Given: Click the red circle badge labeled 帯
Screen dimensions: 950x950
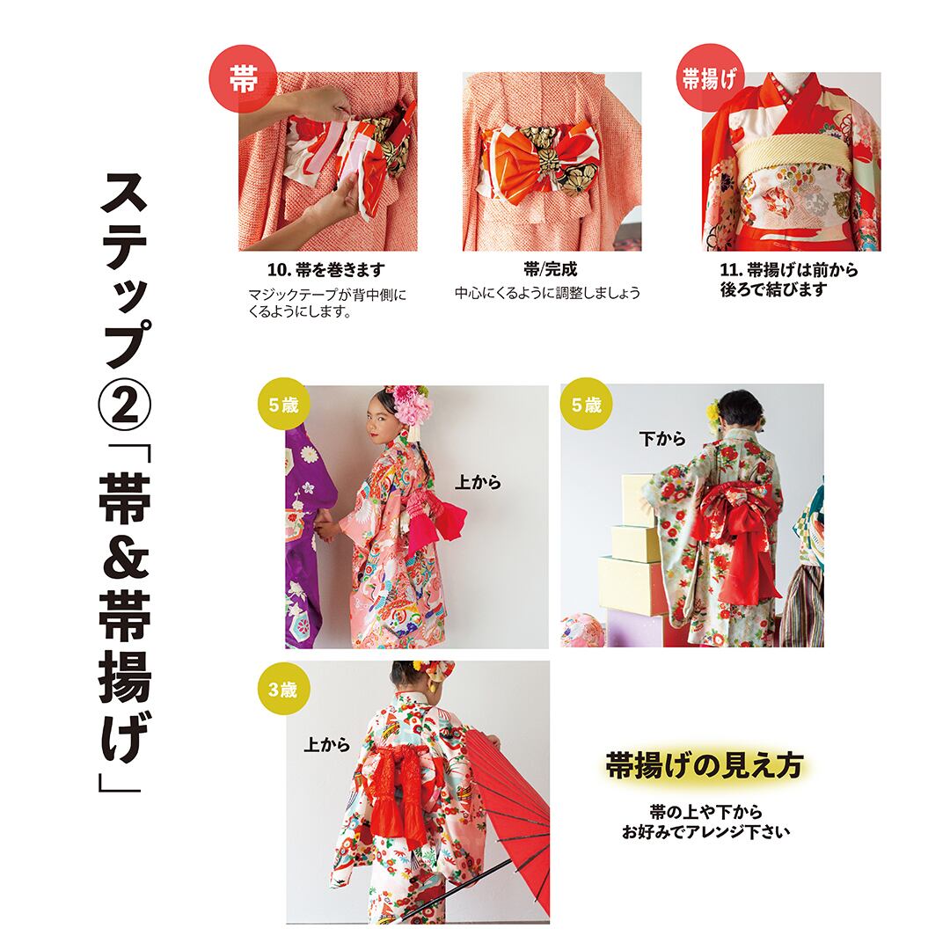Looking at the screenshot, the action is (x=243, y=79).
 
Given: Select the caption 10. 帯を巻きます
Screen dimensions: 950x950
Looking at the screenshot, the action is (x=326, y=270).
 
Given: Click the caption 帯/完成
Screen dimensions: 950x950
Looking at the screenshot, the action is (x=550, y=269).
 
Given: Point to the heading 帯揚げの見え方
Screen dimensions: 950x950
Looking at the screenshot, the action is (x=705, y=765).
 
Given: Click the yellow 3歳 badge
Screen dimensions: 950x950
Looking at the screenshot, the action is (x=283, y=690).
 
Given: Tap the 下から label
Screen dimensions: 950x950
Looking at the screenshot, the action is (x=662, y=439).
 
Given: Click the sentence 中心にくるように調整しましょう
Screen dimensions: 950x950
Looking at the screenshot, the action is (x=547, y=293).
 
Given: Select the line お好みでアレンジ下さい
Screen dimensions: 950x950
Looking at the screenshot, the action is (x=705, y=832).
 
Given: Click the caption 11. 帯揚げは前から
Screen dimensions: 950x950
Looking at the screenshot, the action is (x=789, y=270).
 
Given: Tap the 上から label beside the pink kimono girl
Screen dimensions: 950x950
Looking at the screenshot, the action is (x=478, y=482).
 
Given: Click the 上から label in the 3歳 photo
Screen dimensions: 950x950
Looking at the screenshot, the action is (x=327, y=744).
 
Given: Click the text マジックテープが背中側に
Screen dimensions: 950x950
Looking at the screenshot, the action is (x=327, y=295).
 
